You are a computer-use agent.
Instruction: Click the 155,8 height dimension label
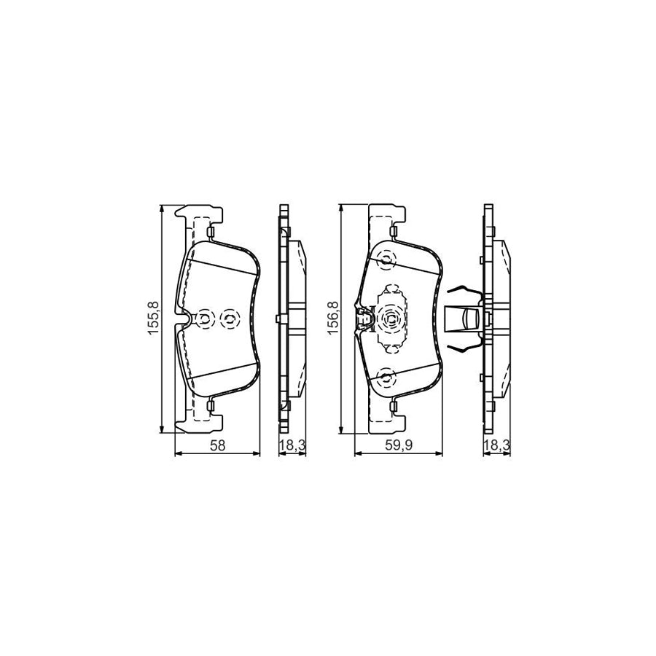click(152, 318)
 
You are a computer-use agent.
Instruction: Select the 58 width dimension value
click(217, 446)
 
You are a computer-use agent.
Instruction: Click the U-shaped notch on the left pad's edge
click(185, 319)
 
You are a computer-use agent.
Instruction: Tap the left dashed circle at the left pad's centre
click(205, 319)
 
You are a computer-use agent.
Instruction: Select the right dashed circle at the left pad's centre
click(230, 319)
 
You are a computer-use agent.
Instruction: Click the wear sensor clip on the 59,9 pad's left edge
click(361, 319)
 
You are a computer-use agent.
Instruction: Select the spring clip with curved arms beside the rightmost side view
click(464, 319)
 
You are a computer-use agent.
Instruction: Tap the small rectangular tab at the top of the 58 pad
click(210, 233)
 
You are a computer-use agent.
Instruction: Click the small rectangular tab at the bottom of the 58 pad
click(210, 405)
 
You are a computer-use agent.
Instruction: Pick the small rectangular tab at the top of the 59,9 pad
click(393, 233)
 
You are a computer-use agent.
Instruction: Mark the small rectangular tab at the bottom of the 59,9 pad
click(393, 405)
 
